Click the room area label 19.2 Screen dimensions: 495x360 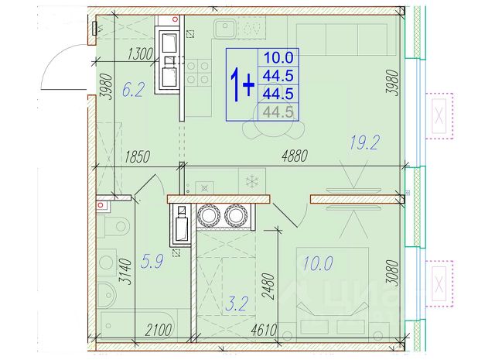click(364, 142)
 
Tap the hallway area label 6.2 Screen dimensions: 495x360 click(133, 90)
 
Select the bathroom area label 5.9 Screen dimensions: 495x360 click(152, 262)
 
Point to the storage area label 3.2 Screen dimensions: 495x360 click(237, 303)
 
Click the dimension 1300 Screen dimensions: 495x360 click(140, 54)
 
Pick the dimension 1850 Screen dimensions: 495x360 click(137, 156)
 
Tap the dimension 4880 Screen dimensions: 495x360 click(295, 156)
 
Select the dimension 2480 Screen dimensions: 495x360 click(268, 286)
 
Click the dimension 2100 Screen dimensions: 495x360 click(159, 331)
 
